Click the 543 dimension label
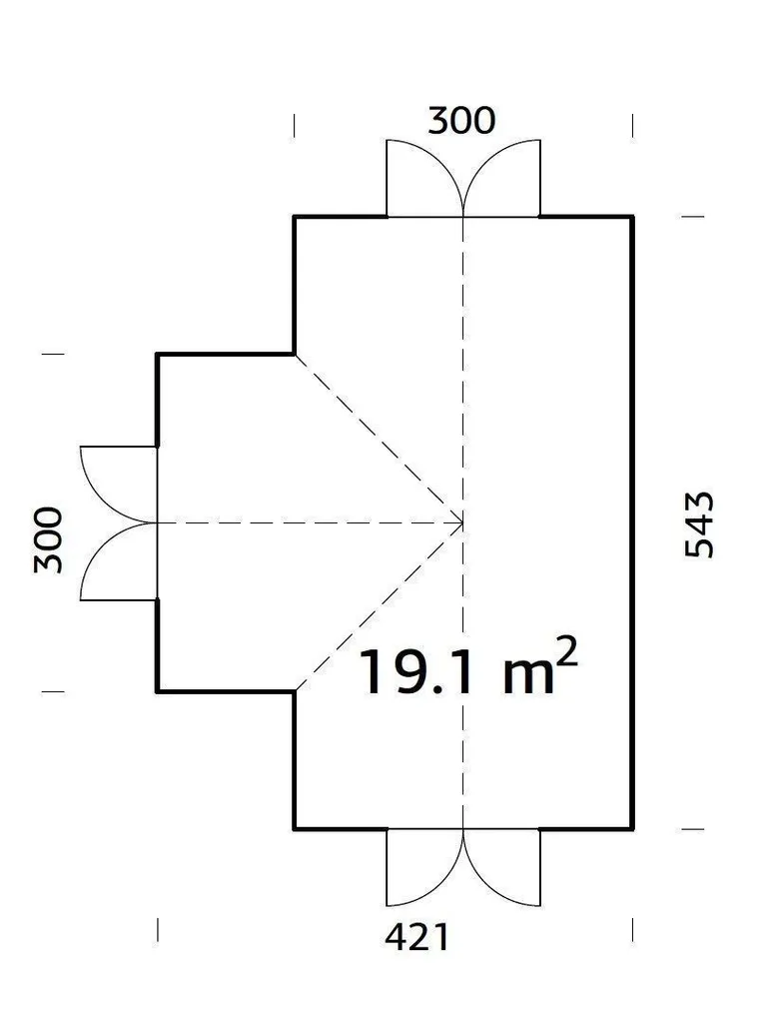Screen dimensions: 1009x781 coord(699,524)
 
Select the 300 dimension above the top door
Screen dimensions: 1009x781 coord(461,121)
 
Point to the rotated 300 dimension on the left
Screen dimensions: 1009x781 coord(48,539)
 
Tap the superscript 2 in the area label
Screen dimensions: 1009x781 coord(567,651)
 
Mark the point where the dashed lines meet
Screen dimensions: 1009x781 coord(463,522)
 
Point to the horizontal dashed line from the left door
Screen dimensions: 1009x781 coord(310,522)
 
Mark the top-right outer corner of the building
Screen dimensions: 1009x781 coord(632,216)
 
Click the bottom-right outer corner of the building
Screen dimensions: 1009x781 coord(632,828)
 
